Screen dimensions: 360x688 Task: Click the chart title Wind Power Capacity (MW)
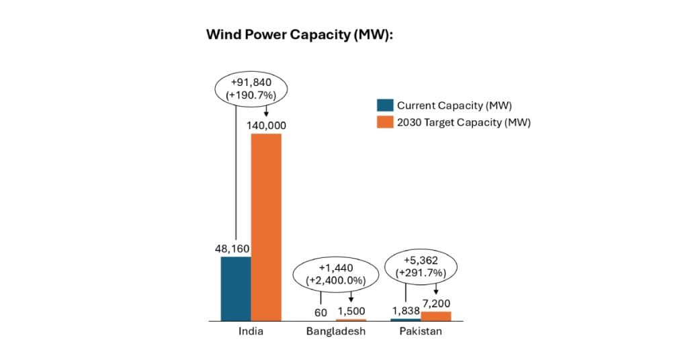tap(299, 34)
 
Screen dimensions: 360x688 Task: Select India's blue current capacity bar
tap(236, 289)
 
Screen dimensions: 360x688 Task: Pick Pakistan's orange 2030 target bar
tap(436, 316)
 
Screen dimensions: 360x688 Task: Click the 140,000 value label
tap(266, 126)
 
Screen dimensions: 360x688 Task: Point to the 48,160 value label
tap(235, 249)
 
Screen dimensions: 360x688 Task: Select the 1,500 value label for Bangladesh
tap(351, 311)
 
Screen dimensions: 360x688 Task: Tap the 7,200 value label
tap(437, 304)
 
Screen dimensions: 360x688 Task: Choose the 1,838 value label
tap(405, 311)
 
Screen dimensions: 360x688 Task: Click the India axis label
tap(251, 332)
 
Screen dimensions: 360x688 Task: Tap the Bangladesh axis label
tap(336, 332)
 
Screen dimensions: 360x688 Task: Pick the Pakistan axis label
tap(421, 332)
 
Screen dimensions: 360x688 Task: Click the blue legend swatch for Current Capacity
tap(385, 105)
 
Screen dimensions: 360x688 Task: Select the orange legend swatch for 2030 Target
tap(385, 122)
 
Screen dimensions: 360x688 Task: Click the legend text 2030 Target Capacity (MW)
tap(464, 122)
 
